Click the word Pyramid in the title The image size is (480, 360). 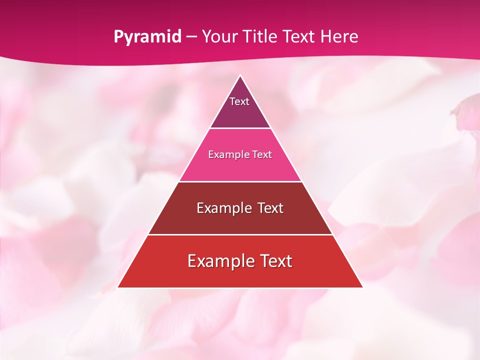tap(147, 36)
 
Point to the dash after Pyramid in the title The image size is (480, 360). tap(191, 37)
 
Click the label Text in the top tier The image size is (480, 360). tap(239, 101)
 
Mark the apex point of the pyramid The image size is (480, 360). tap(240, 76)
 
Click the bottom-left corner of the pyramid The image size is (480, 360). tap(118, 287)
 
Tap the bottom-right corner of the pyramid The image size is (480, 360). tap(362, 287)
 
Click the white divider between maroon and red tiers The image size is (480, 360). tap(240, 234)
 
